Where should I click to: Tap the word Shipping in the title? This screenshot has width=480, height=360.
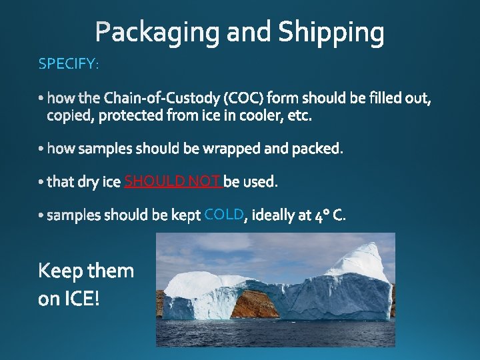[331, 32]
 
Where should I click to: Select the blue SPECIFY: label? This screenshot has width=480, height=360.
[69, 64]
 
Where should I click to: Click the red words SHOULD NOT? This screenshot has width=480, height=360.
[173, 181]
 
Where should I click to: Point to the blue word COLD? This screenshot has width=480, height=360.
[224, 214]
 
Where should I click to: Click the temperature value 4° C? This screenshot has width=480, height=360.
[330, 215]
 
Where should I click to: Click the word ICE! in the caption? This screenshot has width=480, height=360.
[80, 299]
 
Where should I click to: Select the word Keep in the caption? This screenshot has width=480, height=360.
[61, 271]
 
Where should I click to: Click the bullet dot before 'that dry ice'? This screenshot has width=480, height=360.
[42, 182]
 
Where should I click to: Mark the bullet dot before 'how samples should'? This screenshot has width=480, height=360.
[42, 149]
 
